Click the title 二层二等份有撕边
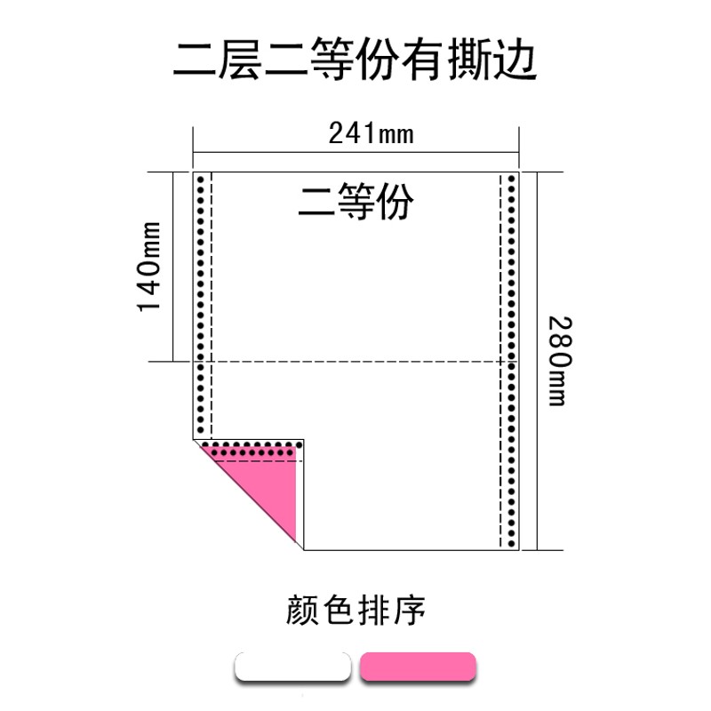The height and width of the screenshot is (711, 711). click(x=355, y=60)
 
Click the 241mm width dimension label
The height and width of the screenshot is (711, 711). click(x=371, y=134)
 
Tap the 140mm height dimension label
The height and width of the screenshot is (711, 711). click(x=148, y=266)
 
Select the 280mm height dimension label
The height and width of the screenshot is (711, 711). click(x=557, y=360)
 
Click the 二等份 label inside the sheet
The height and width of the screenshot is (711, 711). click(x=355, y=202)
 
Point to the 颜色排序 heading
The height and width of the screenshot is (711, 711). click(x=356, y=611)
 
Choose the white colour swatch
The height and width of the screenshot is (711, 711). click(x=292, y=667)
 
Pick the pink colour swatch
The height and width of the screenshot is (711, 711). click(x=418, y=667)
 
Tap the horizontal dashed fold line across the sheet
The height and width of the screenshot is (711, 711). click(x=355, y=362)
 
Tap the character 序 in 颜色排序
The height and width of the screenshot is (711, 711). click(x=410, y=611)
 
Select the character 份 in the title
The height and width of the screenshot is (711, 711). click(x=372, y=60)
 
